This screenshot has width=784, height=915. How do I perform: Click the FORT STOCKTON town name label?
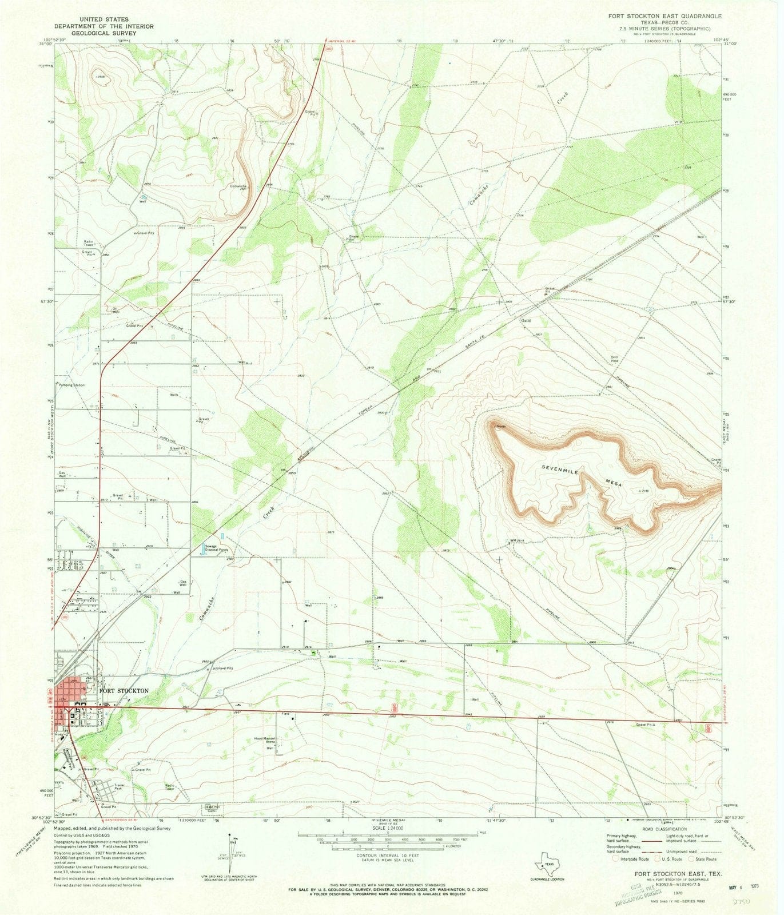[124, 691]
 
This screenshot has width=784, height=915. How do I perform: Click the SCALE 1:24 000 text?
[387, 828]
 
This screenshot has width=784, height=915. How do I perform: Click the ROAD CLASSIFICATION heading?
[664, 829]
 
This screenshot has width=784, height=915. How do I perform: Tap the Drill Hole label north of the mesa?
[614, 359]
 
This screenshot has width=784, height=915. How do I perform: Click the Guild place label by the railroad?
[526, 321]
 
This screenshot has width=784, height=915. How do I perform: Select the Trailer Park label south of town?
[120, 787]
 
